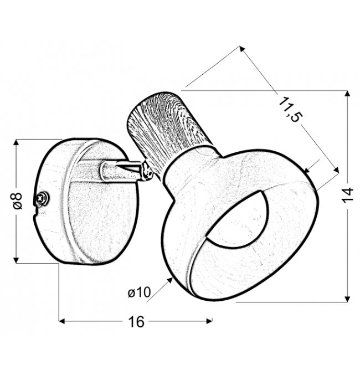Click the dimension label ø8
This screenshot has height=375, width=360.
[x=18, y=201]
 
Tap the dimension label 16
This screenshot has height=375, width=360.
[x=136, y=321]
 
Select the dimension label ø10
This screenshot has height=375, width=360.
[x=139, y=292]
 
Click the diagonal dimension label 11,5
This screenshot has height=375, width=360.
[x=290, y=110]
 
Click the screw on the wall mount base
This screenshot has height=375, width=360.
[x=42, y=198]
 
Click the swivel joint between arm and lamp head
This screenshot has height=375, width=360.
[x=146, y=171]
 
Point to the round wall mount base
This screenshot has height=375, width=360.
[x=86, y=201]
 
